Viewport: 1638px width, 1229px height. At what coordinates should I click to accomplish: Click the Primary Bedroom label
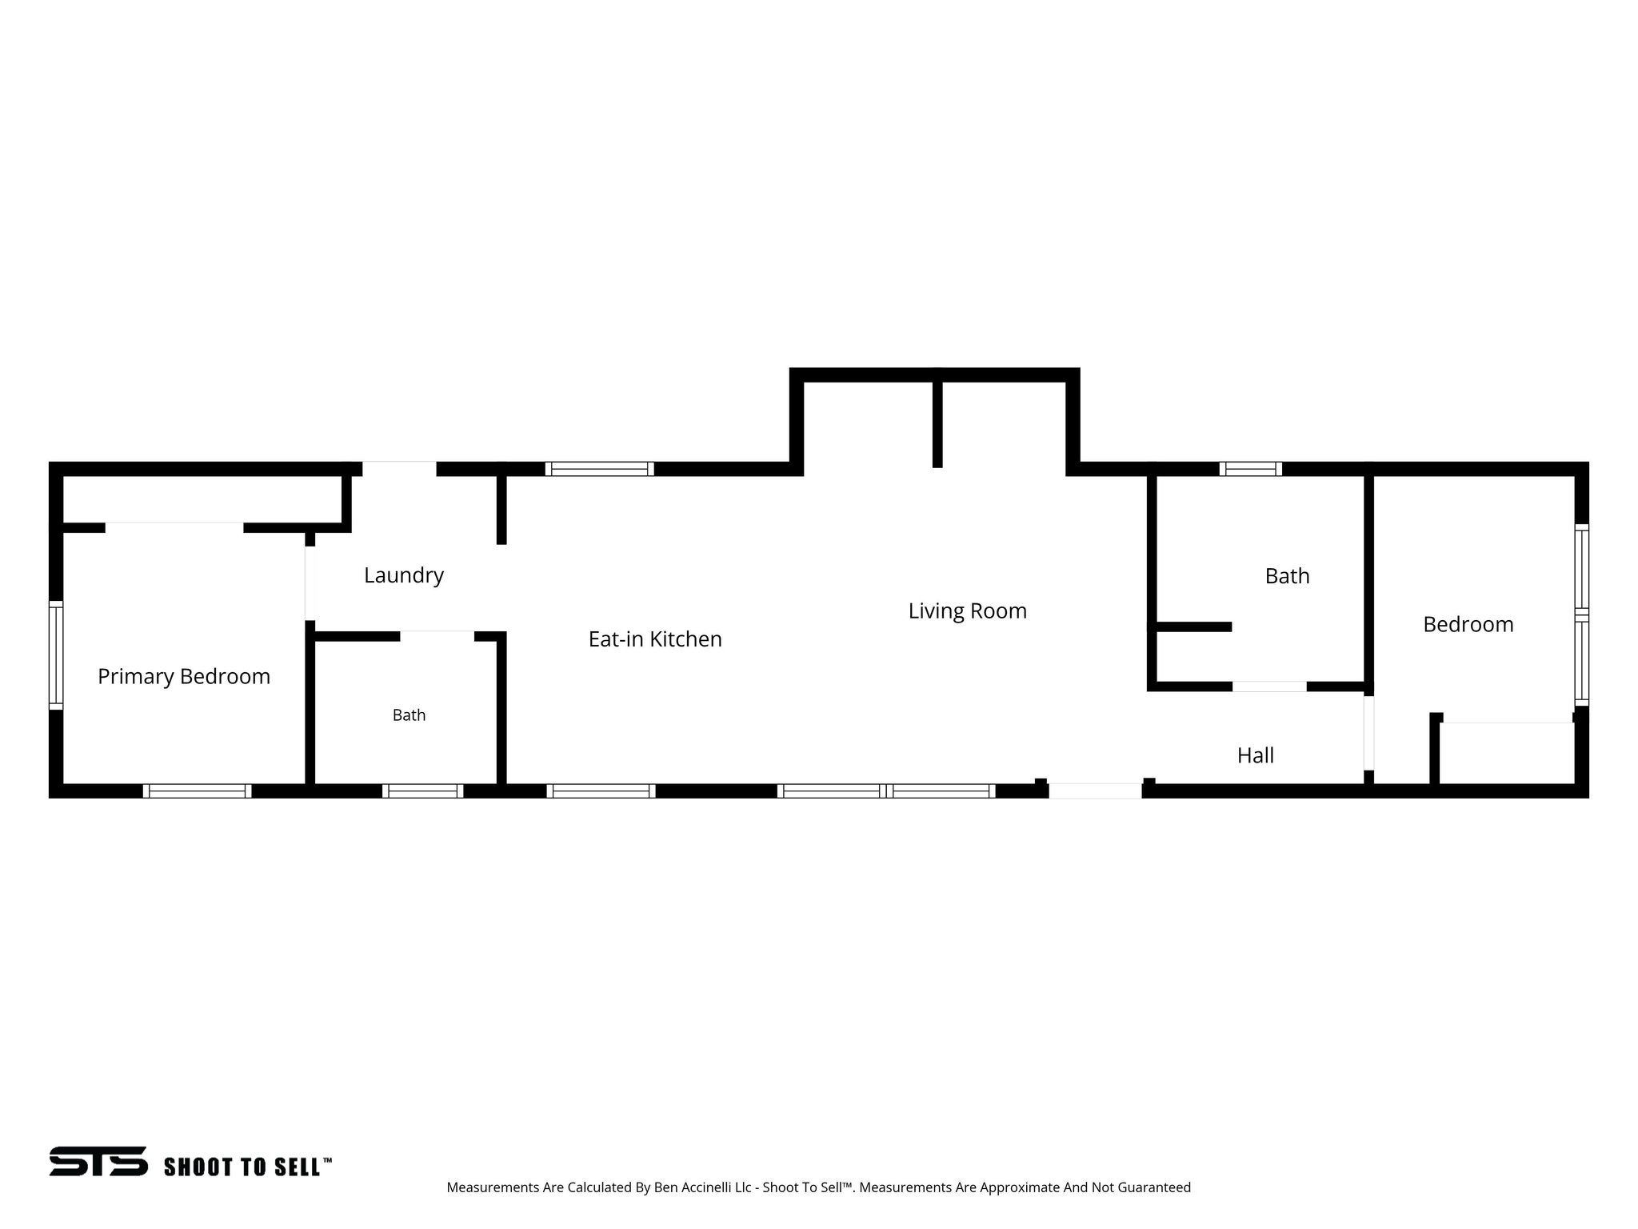(184, 677)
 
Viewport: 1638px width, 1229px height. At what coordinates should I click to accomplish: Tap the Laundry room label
(404, 575)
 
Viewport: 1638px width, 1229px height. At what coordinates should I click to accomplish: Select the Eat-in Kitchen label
(655, 639)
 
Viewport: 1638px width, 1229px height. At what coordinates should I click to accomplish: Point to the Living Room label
(967, 611)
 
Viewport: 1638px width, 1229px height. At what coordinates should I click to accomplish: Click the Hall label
(1256, 755)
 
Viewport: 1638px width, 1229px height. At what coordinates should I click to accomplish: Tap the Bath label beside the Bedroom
(1287, 576)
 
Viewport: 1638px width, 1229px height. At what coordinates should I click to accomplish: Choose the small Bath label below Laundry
(409, 715)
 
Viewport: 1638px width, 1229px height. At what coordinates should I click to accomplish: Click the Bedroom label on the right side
(1468, 624)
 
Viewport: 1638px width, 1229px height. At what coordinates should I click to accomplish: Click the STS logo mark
(98, 1161)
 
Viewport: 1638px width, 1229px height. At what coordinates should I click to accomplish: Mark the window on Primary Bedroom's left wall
(56, 655)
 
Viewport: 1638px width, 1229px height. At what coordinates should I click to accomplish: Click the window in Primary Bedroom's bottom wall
(198, 791)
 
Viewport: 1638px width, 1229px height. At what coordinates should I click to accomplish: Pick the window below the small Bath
(423, 791)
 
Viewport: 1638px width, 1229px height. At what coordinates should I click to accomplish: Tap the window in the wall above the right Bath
(1251, 469)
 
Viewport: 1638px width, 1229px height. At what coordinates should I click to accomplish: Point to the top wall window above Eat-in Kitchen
(600, 469)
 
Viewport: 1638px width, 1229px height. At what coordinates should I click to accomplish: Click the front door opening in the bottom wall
(1095, 791)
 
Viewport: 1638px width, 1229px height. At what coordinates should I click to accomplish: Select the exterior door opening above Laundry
(400, 469)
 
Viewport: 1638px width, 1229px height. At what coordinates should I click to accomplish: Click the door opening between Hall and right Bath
(1269, 687)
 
